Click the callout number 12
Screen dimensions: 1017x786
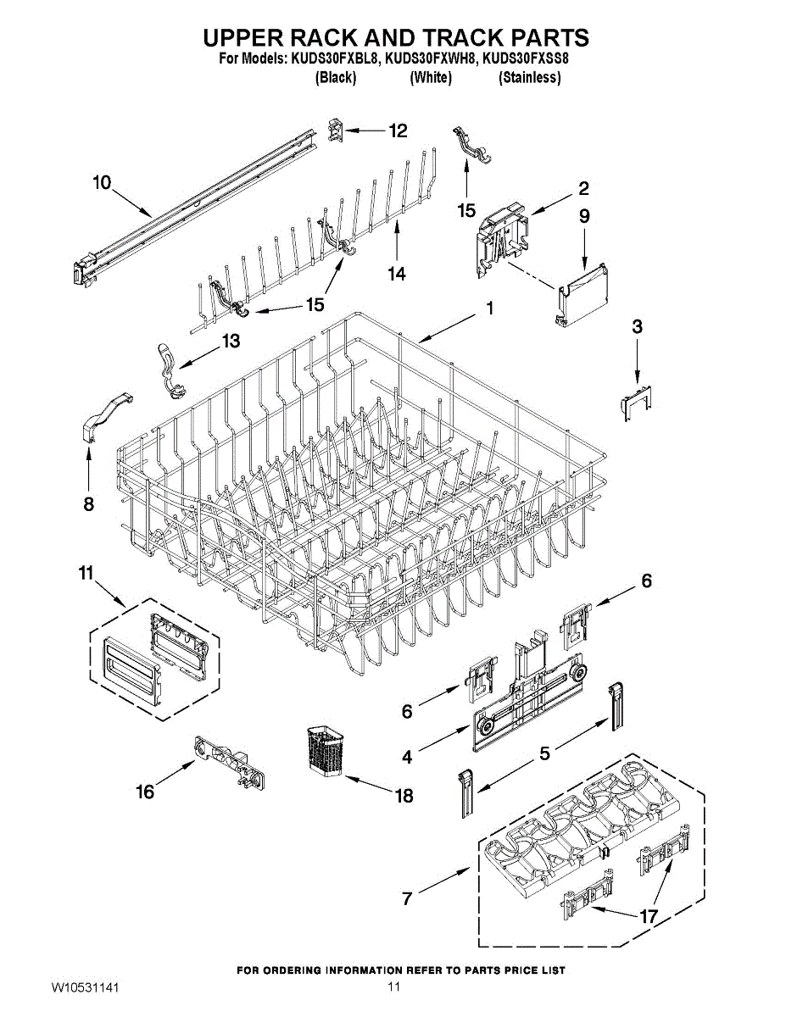pos(398,131)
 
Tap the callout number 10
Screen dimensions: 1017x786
pos(102,182)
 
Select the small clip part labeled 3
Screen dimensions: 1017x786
pos(635,400)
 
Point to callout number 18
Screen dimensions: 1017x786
pos(404,796)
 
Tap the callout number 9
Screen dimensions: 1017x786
pos(584,216)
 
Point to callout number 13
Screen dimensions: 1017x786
pos(230,341)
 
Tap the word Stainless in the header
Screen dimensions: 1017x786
pos(529,77)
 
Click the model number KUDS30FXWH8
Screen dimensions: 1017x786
pos(431,59)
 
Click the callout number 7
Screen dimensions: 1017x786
pos(407,898)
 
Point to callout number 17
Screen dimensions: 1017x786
pos(649,916)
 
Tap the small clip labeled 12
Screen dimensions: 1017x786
pos(335,130)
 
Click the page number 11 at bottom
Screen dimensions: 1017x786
pos(393,988)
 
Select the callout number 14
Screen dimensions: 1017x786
pos(396,274)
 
